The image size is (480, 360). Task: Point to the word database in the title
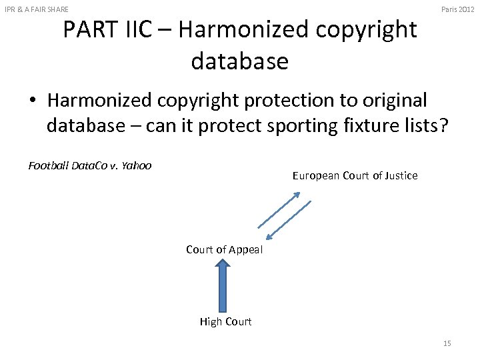point(239,61)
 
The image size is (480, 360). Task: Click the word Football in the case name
point(49,166)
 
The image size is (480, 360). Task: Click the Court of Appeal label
point(224,250)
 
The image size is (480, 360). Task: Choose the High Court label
point(225,322)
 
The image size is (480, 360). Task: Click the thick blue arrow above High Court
point(224,285)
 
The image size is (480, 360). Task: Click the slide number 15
point(447,343)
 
